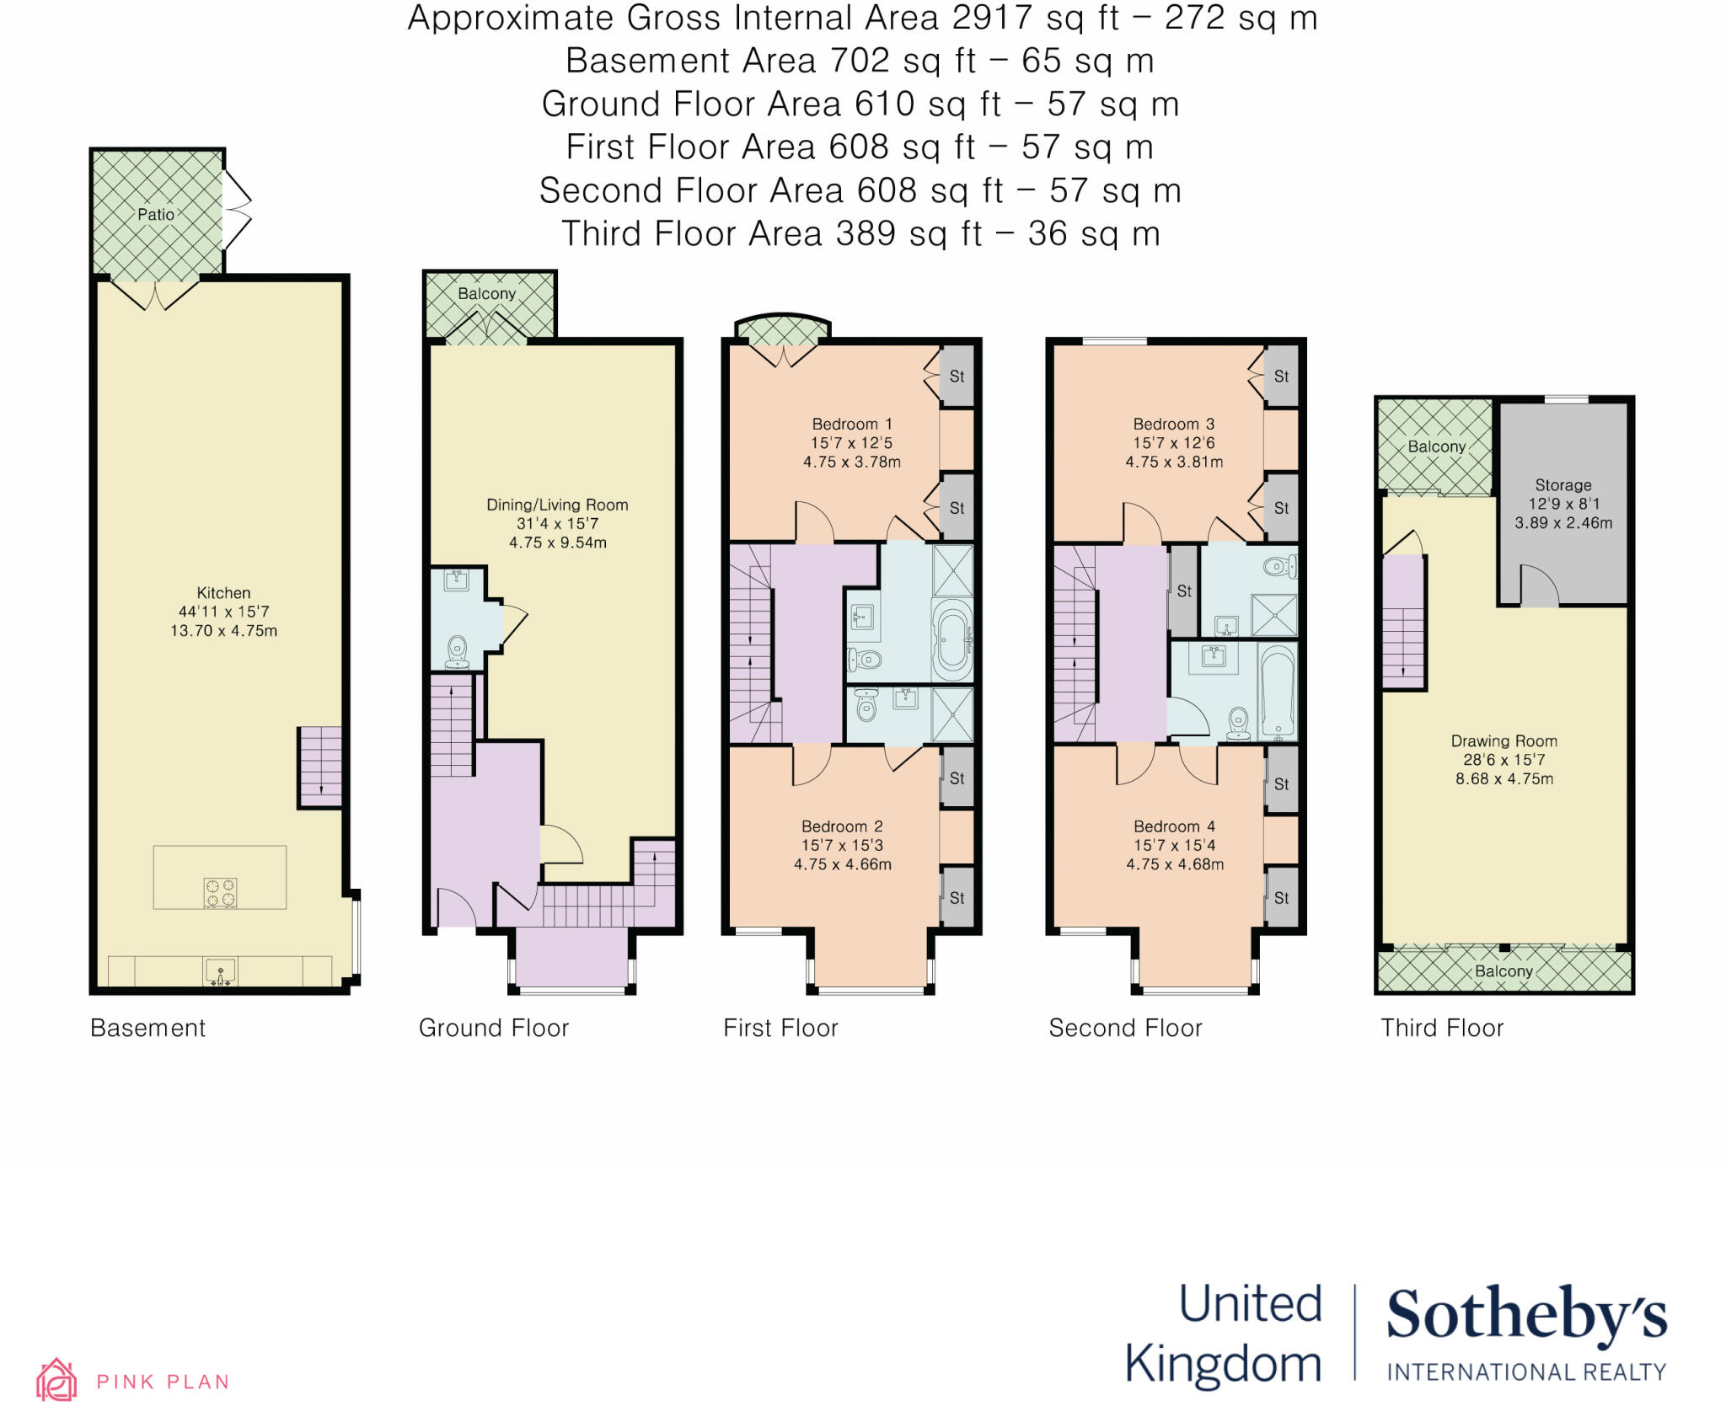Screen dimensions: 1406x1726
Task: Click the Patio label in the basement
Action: pyautogui.click(x=156, y=215)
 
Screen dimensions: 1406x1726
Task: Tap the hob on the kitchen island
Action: pyautogui.click(x=220, y=892)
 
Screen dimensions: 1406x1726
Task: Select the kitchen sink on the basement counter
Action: pyautogui.click(x=221, y=972)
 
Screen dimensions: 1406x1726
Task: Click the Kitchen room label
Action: pyautogui.click(x=223, y=593)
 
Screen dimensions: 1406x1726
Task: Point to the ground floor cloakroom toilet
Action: pyautogui.click(x=457, y=650)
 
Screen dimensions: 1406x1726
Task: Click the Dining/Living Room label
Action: pyautogui.click(x=557, y=505)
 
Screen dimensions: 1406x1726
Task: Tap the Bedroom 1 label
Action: pyautogui.click(x=851, y=425)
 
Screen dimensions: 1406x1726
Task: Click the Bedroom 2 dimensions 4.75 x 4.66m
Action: pyautogui.click(x=842, y=864)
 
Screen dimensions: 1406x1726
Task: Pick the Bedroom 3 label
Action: pyautogui.click(x=1173, y=425)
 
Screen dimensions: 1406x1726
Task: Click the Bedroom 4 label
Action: pyautogui.click(x=1174, y=826)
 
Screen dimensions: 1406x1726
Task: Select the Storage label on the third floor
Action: pyautogui.click(x=1563, y=485)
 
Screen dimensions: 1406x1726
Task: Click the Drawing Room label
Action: pyautogui.click(x=1504, y=741)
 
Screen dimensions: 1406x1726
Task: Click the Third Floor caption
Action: pyautogui.click(x=1441, y=1028)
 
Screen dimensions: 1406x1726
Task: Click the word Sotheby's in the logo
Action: pyautogui.click(x=1526, y=1315)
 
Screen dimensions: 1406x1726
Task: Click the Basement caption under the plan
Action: pyautogui.click(x=147, y=1028)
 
